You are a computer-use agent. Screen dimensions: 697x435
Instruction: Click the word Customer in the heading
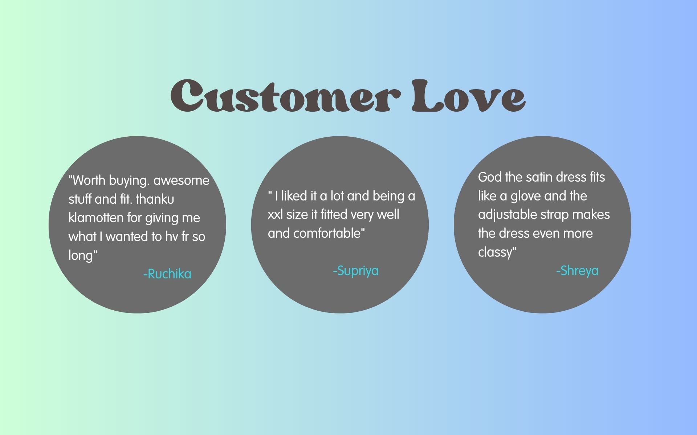coord(286,95)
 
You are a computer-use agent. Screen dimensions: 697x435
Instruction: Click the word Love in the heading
coord(468,95)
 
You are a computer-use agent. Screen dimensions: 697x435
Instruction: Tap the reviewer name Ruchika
coord(167,274)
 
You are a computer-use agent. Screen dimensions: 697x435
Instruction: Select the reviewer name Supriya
coord(356,271)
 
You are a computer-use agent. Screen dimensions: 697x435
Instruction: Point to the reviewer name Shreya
coord(577,271)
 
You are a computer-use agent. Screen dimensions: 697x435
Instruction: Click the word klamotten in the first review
coord(96,217)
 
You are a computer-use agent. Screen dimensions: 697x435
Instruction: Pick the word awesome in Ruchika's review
coord(182,181)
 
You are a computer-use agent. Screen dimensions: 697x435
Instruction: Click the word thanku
coord(155,199)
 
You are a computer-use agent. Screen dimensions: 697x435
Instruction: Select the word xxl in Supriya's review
coord(276,215)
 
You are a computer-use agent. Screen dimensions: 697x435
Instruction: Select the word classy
coord(495,252)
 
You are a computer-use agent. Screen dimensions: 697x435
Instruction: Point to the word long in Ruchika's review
coord(81,255)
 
